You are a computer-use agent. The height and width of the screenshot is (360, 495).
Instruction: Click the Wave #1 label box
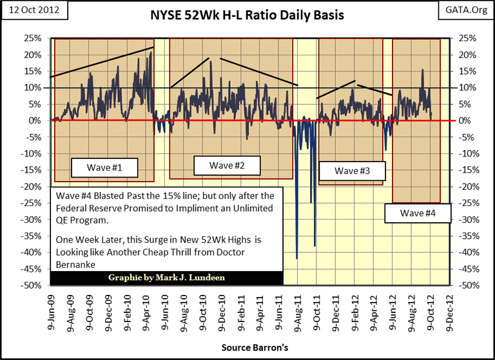click(x=104, y=169)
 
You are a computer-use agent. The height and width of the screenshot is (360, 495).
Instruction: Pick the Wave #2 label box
click(x=227, y=166)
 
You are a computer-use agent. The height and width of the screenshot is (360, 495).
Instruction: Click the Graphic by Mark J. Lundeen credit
click(x=166, y=278)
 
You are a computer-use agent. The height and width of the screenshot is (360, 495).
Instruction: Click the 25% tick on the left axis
click(x=34, y=39)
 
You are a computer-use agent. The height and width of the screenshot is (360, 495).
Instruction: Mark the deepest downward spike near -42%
click(x=297, y=258)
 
